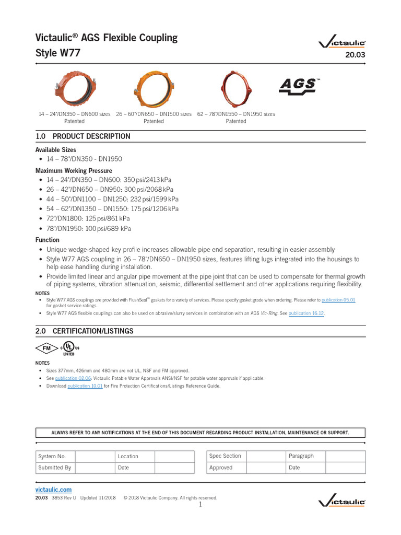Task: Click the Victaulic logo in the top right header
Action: coord(342,44)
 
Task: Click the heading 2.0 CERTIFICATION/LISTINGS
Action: coord(84,331)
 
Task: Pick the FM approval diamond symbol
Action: coord(46,348)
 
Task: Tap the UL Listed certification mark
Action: coord(69,348)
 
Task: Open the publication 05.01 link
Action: coord(338,300)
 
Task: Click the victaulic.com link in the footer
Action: coord(53,490)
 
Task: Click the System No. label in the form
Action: coord(52,456)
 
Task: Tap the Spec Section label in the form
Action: coord(225,456)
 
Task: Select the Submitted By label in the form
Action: coord(54,468)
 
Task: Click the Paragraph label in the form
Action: coord(301,456)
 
